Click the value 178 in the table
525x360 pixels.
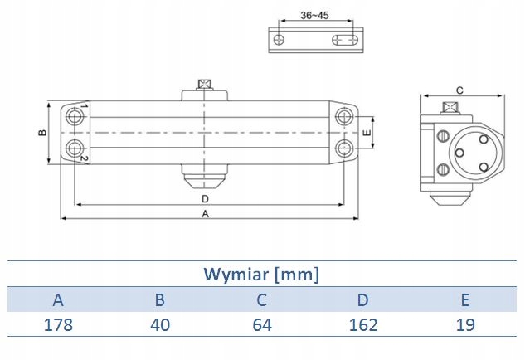click(57, 324)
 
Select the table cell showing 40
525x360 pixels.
click(160, 324)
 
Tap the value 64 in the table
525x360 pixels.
click(263, 324)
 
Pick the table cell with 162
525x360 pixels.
click(365, 324)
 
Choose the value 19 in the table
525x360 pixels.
click(466, 324)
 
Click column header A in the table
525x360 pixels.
click(57, 299)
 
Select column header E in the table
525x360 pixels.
click(466, 299)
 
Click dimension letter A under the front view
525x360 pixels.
click(205, 213)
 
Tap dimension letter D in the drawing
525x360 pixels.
click(205, 199)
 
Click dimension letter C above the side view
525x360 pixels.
click(459, 91)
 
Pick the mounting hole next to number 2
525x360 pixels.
click(78, 148)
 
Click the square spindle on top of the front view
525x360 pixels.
click(204, 85)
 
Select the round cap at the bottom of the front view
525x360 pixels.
click(204, 178)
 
